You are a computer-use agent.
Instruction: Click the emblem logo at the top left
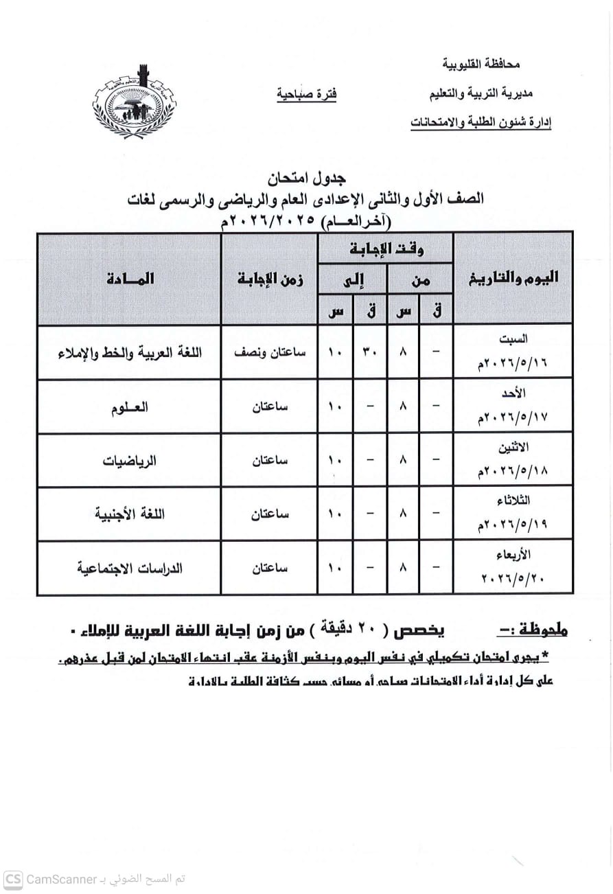[x=135, y=103]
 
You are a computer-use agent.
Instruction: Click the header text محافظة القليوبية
[x=481, y=65]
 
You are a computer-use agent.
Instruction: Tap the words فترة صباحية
[x=306, y=94]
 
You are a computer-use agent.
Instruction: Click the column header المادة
[x=130, y=278]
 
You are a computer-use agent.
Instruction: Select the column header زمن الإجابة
[x=270, y=278]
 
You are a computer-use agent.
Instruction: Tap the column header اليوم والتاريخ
[x=513, y=277]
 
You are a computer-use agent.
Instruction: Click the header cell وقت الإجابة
[x=385, y=247]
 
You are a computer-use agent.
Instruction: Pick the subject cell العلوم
[x=130, y=406]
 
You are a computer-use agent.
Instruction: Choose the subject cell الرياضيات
[x=130, y=460]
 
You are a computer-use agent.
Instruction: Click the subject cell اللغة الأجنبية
[x=130, y=514]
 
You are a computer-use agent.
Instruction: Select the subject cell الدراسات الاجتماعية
[x=130, y=568]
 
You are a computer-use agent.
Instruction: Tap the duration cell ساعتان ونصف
[x=270, y=352]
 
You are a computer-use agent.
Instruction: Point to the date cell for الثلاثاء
[x=513, y=514]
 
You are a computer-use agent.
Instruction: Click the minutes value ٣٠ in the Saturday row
[x=370, y=352]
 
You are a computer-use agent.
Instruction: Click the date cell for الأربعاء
[x=513, y=568]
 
